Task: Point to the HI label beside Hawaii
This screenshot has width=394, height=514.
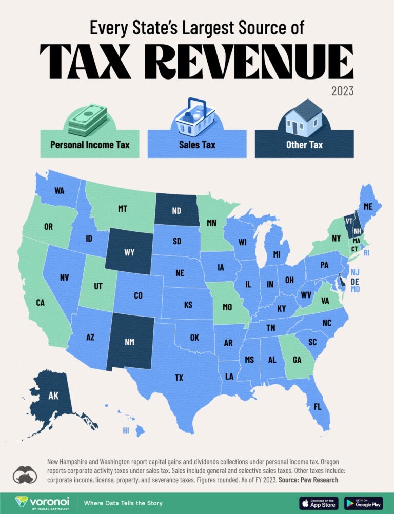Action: (x=126, y=431)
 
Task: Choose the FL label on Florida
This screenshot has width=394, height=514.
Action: (x=318, y=406)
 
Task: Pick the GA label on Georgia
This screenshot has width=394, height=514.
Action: (x=297, y=360)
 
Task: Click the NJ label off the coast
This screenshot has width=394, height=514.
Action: (x=354, y=272)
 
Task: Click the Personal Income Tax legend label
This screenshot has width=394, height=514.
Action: (x=90, y=145)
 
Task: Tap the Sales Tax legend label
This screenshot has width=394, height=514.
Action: (x=197, y=145)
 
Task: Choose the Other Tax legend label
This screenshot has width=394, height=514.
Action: (x=304, y=145)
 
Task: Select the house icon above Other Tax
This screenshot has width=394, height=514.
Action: (x=304, y=116)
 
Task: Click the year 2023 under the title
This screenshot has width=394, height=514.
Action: (x=342, y=91)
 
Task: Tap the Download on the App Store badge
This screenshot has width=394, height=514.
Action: (x=319, y=503)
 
